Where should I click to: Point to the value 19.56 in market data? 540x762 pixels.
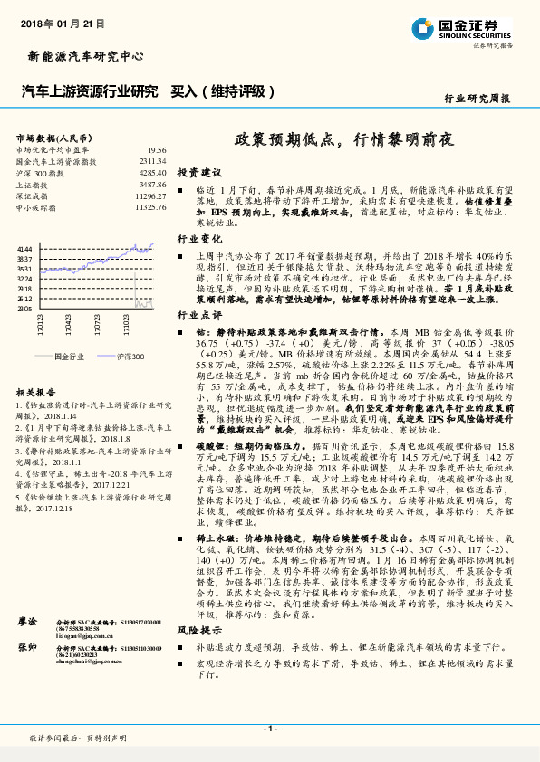(x=156, y=150)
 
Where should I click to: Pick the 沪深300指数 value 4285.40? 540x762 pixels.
(x=152, y=172)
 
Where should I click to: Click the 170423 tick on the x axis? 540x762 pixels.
(x=69, y=323)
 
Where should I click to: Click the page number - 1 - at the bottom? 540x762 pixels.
(x=269, y=729)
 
